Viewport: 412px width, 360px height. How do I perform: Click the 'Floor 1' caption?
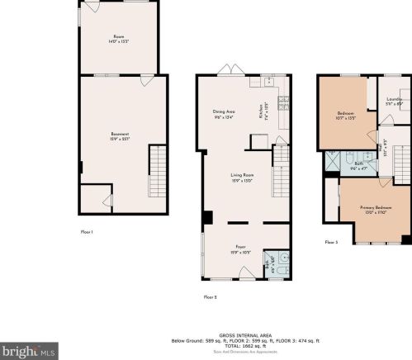(x=87, y=232)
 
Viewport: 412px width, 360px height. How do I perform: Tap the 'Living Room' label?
(x=241, y=176)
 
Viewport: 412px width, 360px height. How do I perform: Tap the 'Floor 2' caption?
(x=211, y=296)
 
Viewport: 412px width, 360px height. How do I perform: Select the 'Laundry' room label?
(x=394, y=101)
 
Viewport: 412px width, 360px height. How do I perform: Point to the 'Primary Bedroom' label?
(x=375, y=210)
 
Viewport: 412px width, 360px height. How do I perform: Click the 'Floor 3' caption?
(x=331, y=242)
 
